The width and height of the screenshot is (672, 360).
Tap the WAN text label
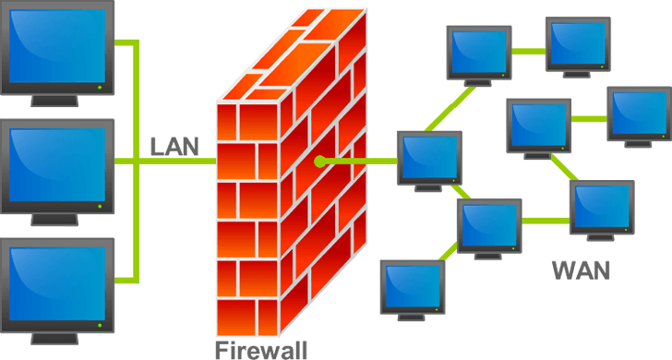click(581, 270)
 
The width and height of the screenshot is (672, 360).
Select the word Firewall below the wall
click(260, 349)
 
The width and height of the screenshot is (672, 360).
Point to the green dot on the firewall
click(319, 162)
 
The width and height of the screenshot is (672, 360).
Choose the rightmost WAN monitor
click(638, 114)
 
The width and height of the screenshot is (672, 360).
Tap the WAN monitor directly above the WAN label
click(601, 208)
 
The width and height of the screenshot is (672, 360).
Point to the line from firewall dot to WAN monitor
click(360, 162)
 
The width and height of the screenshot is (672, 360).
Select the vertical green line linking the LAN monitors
click(138, 162)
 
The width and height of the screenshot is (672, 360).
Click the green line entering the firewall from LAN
click(185, 162)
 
